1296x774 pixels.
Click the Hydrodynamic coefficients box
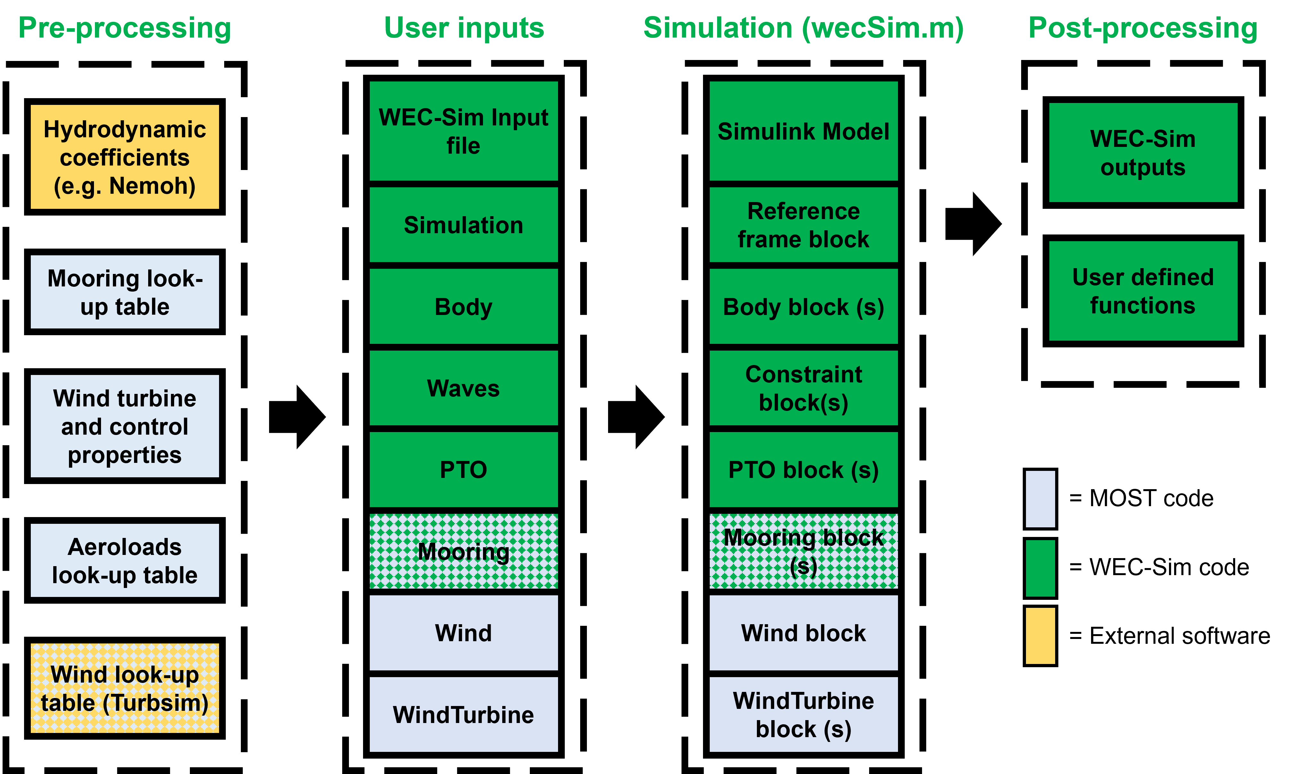[124, 157]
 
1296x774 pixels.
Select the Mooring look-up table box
[124, 292]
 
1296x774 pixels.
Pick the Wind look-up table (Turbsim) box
[124, 688]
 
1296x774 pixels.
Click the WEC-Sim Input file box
[463, 131]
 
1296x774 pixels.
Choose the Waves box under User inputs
[463, 388]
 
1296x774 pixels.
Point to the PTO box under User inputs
[463, 469]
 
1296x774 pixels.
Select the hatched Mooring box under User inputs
[463, 551]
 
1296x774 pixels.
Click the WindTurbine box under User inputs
[463, 715]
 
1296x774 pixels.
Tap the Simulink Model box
[803, 131]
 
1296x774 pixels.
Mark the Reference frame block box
[803, 225]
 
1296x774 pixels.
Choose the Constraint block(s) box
[803, 388]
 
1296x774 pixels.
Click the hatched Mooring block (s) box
[803, 551]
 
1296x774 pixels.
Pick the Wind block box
[803, 633]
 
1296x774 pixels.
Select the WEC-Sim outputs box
[1143, 152]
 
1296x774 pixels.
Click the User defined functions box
[1143, 291]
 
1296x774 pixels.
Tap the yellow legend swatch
[1040, 636]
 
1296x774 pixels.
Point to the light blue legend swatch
[1040, 499]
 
